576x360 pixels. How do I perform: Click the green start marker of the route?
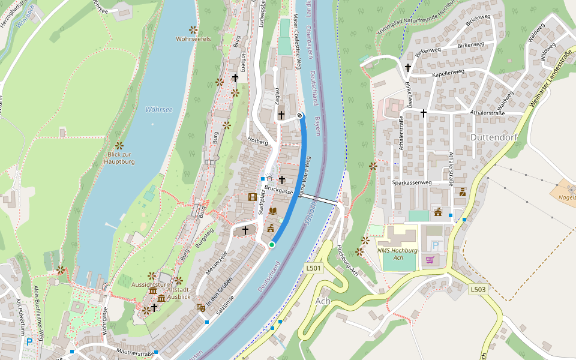point(272,245)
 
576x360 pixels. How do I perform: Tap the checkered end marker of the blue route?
point(300,115)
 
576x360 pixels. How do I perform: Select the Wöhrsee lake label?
point(159,109)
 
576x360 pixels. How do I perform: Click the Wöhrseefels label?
point(193,39)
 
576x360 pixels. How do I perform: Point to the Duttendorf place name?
point(493,136)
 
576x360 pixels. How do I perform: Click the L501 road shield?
point(313,268)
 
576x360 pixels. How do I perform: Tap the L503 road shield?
point(478,289)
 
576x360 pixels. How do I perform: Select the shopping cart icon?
point(430,260)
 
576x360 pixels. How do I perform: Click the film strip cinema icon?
point(253,197)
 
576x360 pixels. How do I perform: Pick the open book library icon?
point(273,211)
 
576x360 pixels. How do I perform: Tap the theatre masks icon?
point(200,307)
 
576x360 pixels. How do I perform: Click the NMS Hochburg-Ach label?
point(398,253)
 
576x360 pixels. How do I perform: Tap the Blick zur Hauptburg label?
point(119,158)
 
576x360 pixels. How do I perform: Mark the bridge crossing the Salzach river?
point(319,199)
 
